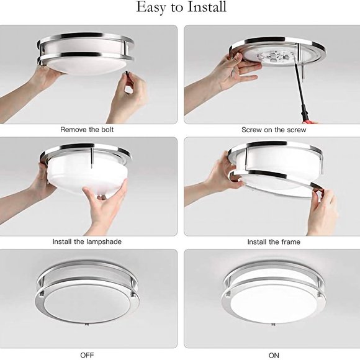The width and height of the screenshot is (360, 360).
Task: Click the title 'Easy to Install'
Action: click(181, 8)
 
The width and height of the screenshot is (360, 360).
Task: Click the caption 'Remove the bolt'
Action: click(87, 130)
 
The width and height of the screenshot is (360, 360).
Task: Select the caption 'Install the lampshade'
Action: click(87, 241)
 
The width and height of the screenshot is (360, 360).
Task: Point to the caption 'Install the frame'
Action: click(273, 241)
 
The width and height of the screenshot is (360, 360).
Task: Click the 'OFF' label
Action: click(87, 354)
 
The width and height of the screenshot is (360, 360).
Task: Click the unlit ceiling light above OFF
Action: click(87, 297)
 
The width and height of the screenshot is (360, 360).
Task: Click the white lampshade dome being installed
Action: click(87, 173)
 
